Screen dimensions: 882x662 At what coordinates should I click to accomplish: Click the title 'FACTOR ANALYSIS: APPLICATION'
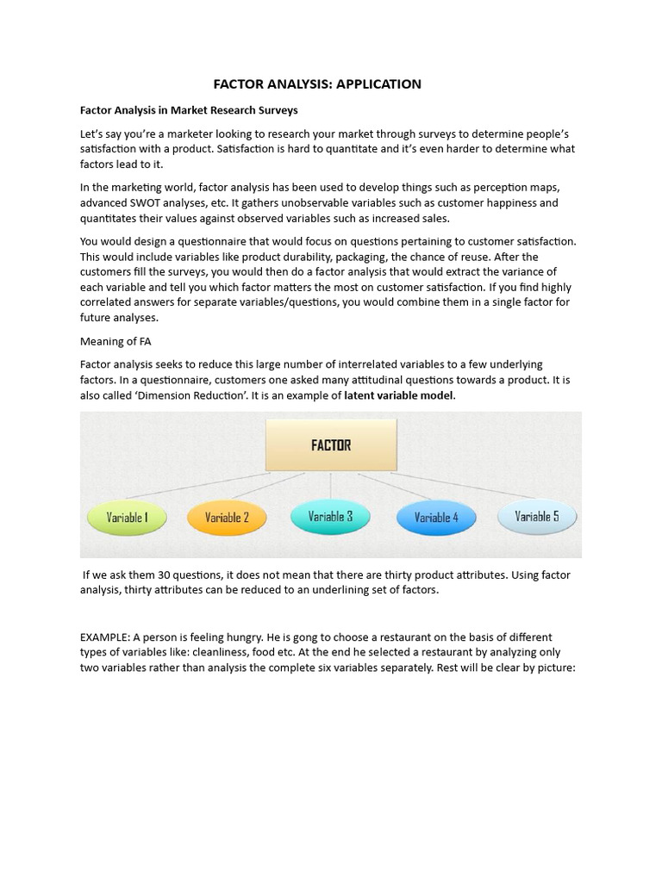pyautogui.click(x=317, y=84)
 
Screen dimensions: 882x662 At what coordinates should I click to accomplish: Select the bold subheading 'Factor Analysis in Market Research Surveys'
pyautogui.click(x=189, y=110)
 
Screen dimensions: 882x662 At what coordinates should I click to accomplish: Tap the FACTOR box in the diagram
pyautogui.click(x=331, y=445)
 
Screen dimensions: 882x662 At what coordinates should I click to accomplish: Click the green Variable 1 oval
pyautogui.click(x=128, y=518)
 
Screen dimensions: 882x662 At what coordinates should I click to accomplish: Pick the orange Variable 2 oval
pyautogui.click(x=227, y=518)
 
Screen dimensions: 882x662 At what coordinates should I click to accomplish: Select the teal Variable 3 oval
pyautogui.click(x=330, y=517)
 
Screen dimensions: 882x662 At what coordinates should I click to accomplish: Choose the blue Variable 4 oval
pyautogui.click(x=436, y=518)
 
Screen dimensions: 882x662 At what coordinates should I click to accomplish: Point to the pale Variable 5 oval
pyautogui.click(x=537, y=517)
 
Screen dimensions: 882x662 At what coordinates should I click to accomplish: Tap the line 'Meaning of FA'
pyautogui.click(x=116, y=342)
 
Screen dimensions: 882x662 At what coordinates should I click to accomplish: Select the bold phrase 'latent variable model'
pyautogui.click(x=398, y=395)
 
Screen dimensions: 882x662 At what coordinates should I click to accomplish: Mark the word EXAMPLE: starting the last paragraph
pyautogui.click(x=106, y=637)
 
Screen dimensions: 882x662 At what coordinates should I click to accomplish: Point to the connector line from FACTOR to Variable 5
pyautogui.click(x=465, y=487)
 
